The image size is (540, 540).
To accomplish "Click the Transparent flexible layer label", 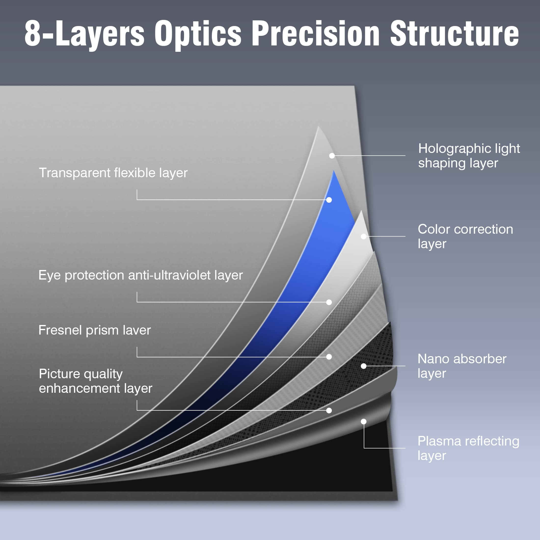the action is click(113, 173).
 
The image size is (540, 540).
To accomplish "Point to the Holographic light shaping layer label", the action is click(469, 156).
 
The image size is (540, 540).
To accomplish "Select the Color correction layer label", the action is click(465, 236).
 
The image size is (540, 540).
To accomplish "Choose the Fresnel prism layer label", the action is click(94, 330).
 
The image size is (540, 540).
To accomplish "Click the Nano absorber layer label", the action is click(462, 366).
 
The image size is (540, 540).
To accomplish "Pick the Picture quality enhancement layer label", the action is click(95, 381).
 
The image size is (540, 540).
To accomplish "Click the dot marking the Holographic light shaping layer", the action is click(332, 156).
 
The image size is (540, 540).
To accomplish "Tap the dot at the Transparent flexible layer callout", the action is click(329, 200).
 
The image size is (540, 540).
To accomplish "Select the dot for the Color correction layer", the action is click(364, 236).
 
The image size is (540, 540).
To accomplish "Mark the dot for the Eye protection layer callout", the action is click(329, 302).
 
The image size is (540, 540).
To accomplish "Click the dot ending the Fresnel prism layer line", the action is click(329, 357).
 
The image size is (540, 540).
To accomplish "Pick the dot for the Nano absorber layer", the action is click(364, 366).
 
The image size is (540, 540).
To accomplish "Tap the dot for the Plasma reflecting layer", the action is click(364, 421).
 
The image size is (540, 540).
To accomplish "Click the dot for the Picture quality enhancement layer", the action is click(329, 410).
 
